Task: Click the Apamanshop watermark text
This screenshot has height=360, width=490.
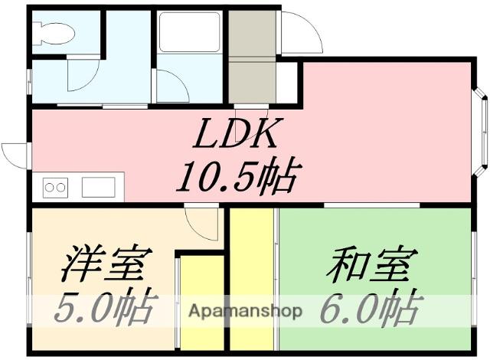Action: click(x=244, y=312)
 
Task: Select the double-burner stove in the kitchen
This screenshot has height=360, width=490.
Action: click(x=55, y=186)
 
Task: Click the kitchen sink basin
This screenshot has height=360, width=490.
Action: click(x=98, y=186)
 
